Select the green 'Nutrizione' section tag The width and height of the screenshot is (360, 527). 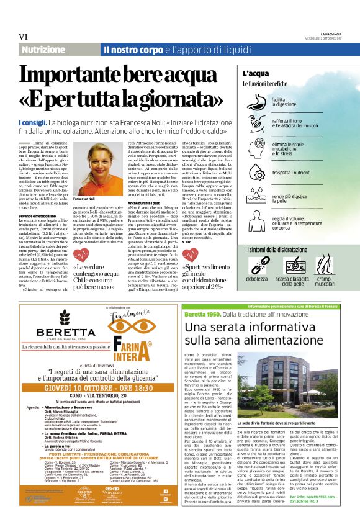pyautogui.click(x=43, y=50)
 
